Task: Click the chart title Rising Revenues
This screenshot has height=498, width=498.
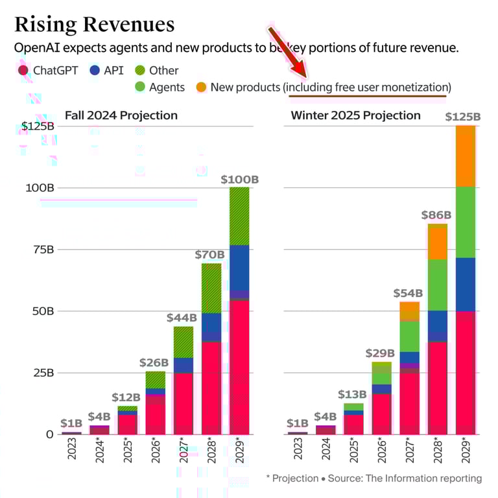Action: click(94, 25)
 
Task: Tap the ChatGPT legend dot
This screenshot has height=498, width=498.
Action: click(23, 70)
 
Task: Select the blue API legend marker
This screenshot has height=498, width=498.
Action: click(94, 70)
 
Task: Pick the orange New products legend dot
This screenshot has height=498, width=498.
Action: click(201, 87)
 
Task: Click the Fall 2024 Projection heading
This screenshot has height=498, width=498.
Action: click(121, 116)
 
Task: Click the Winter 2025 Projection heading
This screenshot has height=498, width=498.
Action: click(355, 116)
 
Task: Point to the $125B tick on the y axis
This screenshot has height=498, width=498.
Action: click(38, 126)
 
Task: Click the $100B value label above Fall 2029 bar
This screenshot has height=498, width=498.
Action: click(239, 179)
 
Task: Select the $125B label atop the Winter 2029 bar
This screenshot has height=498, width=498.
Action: click(462, 117)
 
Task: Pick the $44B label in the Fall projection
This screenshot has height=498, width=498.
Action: click(182, 318)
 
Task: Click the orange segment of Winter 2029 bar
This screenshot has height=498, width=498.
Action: click(465, 156)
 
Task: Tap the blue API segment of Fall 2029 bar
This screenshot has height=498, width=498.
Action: click(239, 267)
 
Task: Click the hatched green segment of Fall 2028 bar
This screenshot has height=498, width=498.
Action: click(211, 288)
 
